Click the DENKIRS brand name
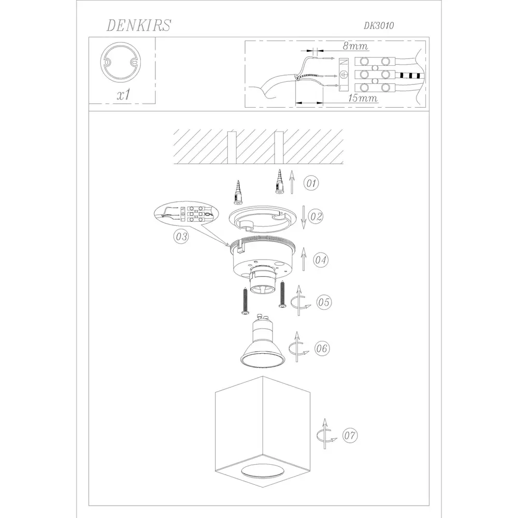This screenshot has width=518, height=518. click(x=138, y=25)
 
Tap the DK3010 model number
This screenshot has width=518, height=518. click(x=379, y=26)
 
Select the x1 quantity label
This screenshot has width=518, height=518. click(x=124, y=95)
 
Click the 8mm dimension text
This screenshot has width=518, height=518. click(x=355, y=46)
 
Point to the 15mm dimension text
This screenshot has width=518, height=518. click(x=363, y=98)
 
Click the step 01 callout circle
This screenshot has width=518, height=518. click(x=311, y=183)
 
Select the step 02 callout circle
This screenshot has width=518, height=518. click(x=316, y=217)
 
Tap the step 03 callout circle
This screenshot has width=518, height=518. click(x=181, y=236)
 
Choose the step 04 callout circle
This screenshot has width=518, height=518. click(x=321, y=260)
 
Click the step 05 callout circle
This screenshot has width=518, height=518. click(x=324, y=302)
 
